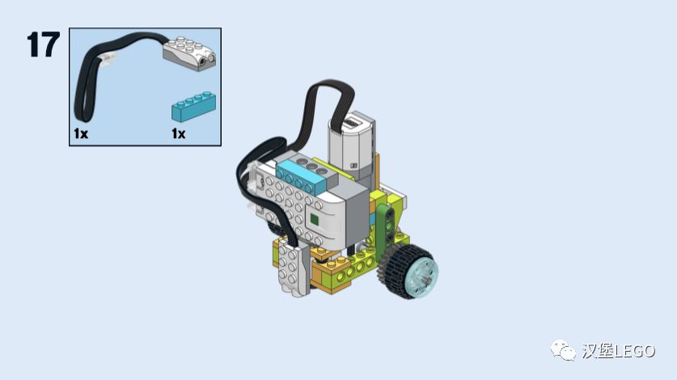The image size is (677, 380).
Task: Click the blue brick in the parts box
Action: tap(193, 106)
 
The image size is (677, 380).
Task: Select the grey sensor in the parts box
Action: tap(189, 53)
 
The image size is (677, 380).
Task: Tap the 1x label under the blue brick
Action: tap(178, 133)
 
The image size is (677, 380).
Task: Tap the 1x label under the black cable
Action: tap(81, 133)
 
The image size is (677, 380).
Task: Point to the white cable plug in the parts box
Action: tap(107, 58)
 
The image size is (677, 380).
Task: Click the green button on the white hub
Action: tap(314, 220)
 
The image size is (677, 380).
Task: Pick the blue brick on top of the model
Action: tap(301, 177)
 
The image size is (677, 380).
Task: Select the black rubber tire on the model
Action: tap(408, 271)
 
